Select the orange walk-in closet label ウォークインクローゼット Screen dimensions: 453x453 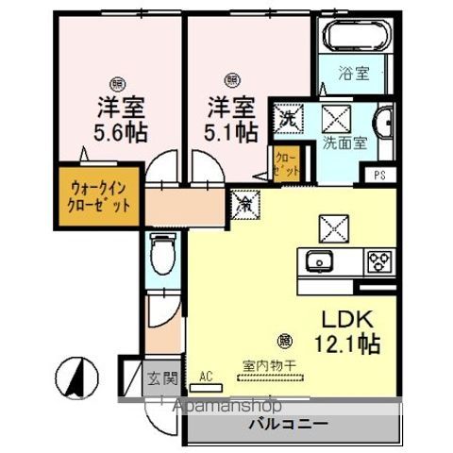pos(92,196)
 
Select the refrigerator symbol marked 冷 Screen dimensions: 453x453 pos(243,200)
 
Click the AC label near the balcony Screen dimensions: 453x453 pos(206,376)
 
